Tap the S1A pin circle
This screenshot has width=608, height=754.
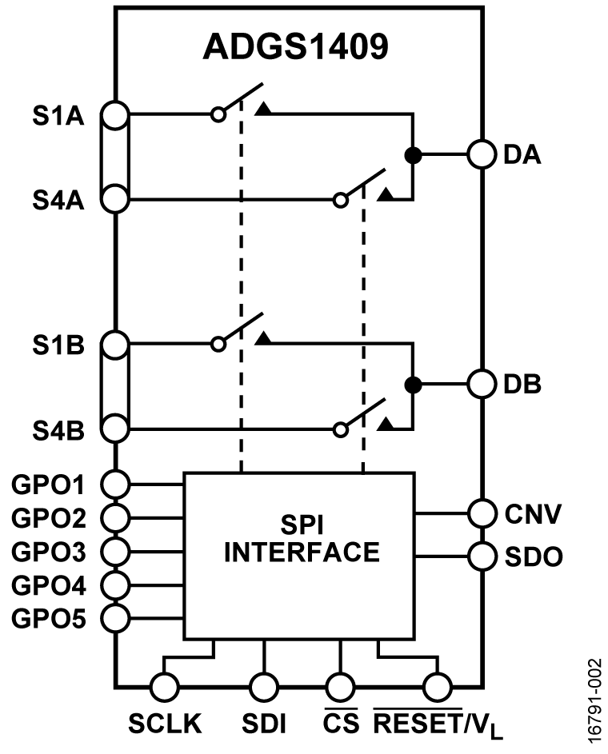pos(117,114)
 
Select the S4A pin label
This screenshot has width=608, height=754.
pos(58,199)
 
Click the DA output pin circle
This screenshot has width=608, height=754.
pos(482,155)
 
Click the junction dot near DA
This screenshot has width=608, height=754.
pos(413,156)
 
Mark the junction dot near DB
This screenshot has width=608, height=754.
pos(413,385)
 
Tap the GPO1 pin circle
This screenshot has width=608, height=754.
pos(117,484)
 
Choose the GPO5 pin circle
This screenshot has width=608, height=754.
pos(117,617)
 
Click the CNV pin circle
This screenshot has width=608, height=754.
pos(482,512)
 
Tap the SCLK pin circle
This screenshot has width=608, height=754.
pos(165,686)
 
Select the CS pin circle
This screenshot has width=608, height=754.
pos(340,686)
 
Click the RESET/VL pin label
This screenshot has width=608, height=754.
pos(437,728)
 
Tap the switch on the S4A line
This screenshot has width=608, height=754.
pos(364,187)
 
